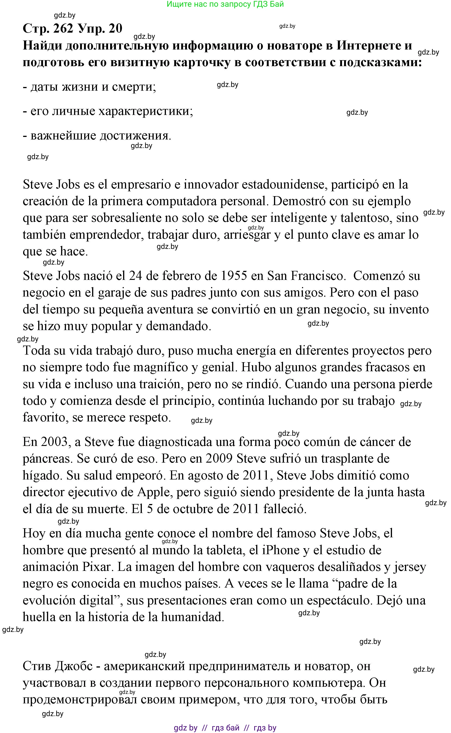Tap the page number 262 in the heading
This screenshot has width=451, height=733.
(x=63, y=28)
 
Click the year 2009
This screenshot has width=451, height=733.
(x=219, y=458)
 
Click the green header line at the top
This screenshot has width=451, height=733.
(x=225, y=4)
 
